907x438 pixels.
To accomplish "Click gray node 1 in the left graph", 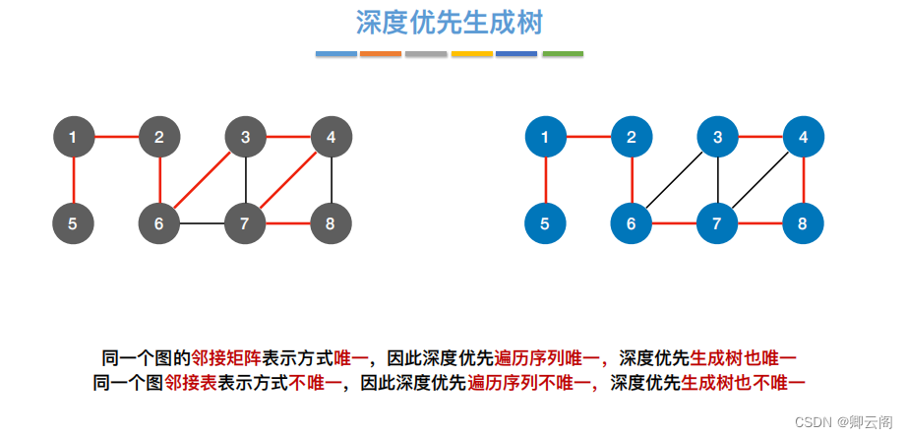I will (x=74, y=137).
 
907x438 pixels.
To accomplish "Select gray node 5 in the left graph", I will (x=74, y=223).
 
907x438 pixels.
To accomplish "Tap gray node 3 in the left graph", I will (x=245, y=137).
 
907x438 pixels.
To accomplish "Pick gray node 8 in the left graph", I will (x=331, y=223).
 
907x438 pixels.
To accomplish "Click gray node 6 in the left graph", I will (x=159, y=223).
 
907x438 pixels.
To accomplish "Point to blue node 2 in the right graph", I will (x=632, y=137).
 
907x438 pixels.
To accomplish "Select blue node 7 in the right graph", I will (x=718, y=223).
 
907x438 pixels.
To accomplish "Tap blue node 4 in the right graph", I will (x=804, y=137).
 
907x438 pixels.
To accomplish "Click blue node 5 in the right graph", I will (x=546, y=223).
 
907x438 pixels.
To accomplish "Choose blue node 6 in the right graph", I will (x=632, y=223).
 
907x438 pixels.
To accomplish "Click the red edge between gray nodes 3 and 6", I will (x=203, y=180).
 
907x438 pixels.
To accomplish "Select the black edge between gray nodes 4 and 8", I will (x=331, y=180).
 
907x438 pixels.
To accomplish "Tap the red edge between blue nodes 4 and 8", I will (x=804, y=180).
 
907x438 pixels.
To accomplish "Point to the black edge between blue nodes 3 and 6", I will (x=675, y=180).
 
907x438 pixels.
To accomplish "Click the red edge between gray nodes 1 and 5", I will (x=74, y=180).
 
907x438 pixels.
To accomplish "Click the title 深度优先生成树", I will (x=451, y=23).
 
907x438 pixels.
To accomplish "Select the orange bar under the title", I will (x=381, y=54).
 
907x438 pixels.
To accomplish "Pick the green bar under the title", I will (x=563, y=54).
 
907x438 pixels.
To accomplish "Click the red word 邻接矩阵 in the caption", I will (x=226, y=357).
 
